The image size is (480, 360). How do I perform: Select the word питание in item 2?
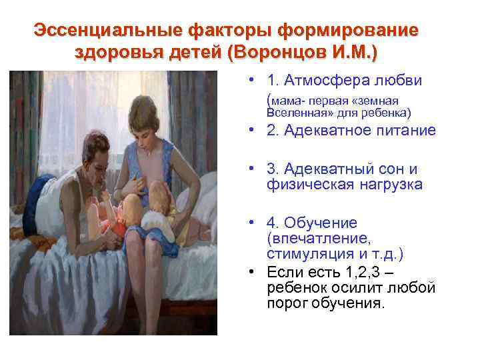click(x=406, y=130)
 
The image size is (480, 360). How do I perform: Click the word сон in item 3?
click(x=394, y=170)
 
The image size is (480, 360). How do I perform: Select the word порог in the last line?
click(x=285, y=303)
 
